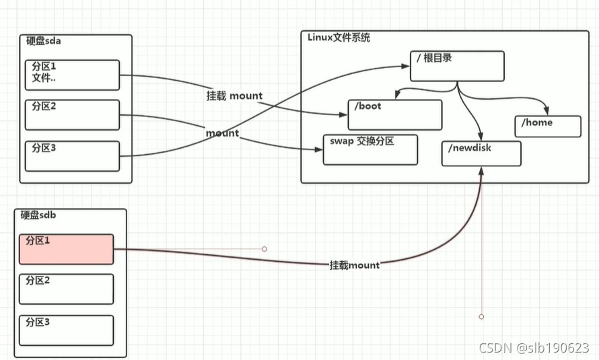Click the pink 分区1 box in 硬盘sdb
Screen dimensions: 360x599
[66, 249]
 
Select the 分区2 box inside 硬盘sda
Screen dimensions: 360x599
[72, 114]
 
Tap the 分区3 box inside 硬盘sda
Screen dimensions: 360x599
[72, 155]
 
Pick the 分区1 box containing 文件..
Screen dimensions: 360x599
[72, 75]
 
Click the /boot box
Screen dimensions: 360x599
[395, 114]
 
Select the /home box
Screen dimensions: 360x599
[547, 126]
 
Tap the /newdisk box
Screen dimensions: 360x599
[481, 153]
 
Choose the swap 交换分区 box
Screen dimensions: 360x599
[370, 149]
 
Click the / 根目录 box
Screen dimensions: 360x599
[457, 66]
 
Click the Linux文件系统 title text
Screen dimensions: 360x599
[339, 37]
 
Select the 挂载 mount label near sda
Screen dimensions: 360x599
[234, 96]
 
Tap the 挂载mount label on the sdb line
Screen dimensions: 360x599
[354, 265]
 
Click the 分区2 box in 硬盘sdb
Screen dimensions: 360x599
[66, 289]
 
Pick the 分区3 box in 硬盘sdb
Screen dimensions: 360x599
[66, 330]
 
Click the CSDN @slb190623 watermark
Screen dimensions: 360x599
[533, 347]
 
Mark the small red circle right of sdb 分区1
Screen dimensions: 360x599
[265, 249]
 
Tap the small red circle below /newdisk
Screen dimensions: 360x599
[481, 316]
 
